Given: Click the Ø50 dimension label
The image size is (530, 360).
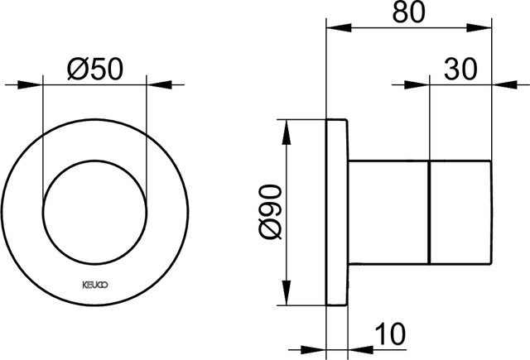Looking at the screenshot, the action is tap(95, 70).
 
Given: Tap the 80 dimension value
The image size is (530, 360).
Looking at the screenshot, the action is tap(408, 12).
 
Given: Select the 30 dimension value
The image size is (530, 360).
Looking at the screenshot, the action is tap(460, 70).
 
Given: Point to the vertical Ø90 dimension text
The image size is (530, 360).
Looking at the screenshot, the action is tap(270, 212).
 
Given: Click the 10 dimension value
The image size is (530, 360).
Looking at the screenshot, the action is tap(390, 334).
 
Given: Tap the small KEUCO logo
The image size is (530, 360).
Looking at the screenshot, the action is tap(95, 285).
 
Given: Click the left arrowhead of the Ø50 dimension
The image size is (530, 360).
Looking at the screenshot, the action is tap(30, 84).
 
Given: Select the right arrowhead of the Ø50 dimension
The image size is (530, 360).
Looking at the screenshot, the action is tap(159, 84).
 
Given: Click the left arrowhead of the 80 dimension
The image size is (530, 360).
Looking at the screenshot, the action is tap(339, 27).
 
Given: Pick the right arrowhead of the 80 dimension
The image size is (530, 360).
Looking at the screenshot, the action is tap(479, 27).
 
